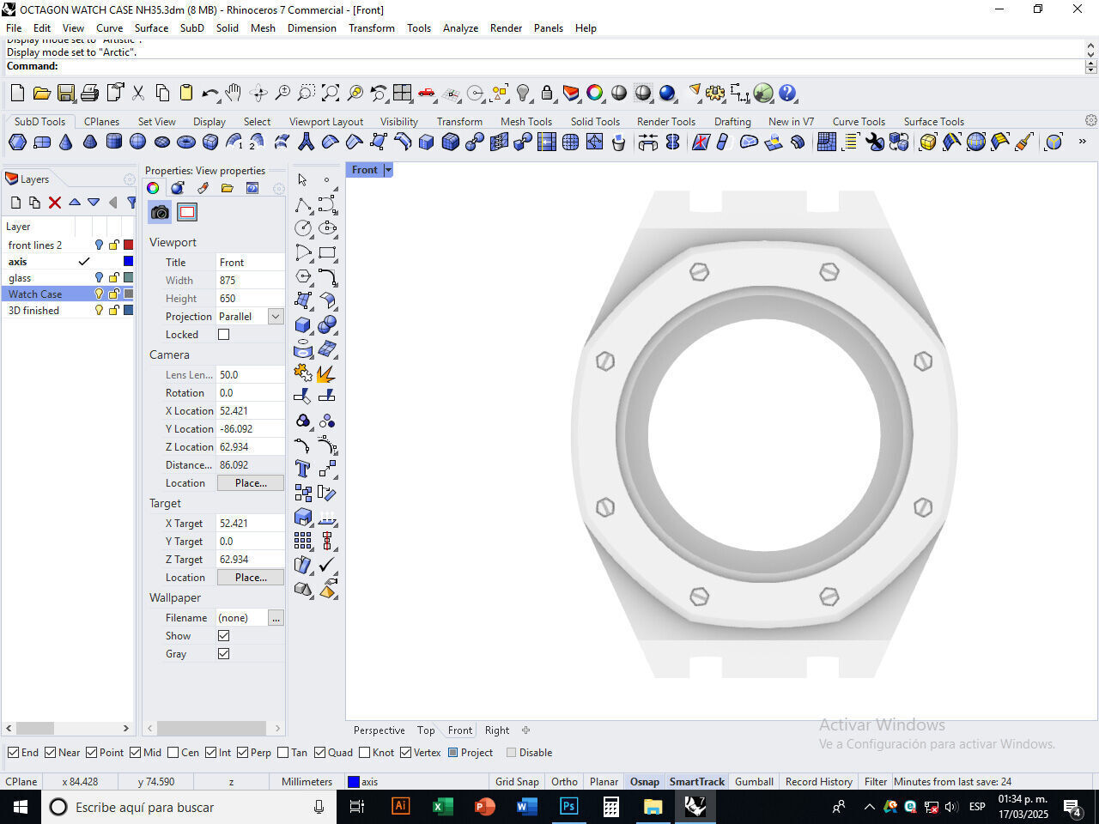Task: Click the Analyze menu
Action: (460, 28)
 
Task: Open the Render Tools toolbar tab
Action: (665, 122)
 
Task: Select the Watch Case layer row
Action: (35, 294)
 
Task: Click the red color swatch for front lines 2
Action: (128, 245)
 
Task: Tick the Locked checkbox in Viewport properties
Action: (224, 335)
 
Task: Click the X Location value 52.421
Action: (249, 411)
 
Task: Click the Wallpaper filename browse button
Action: (276, 618)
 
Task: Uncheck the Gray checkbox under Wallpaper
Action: (224, 654)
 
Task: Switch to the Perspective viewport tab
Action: (379, 730)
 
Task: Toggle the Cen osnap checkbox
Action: (173, 753)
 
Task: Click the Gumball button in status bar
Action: (754, 782)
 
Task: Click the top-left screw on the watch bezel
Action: (699, 272)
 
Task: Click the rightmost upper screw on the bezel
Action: (923, 361)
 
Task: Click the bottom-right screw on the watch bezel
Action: (829, 596)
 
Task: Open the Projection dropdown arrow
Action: (276, 317)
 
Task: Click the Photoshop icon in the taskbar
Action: (568, 807)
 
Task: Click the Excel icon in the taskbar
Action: (442, 807)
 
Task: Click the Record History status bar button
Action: (818, 782)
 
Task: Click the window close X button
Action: (1077, 9)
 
